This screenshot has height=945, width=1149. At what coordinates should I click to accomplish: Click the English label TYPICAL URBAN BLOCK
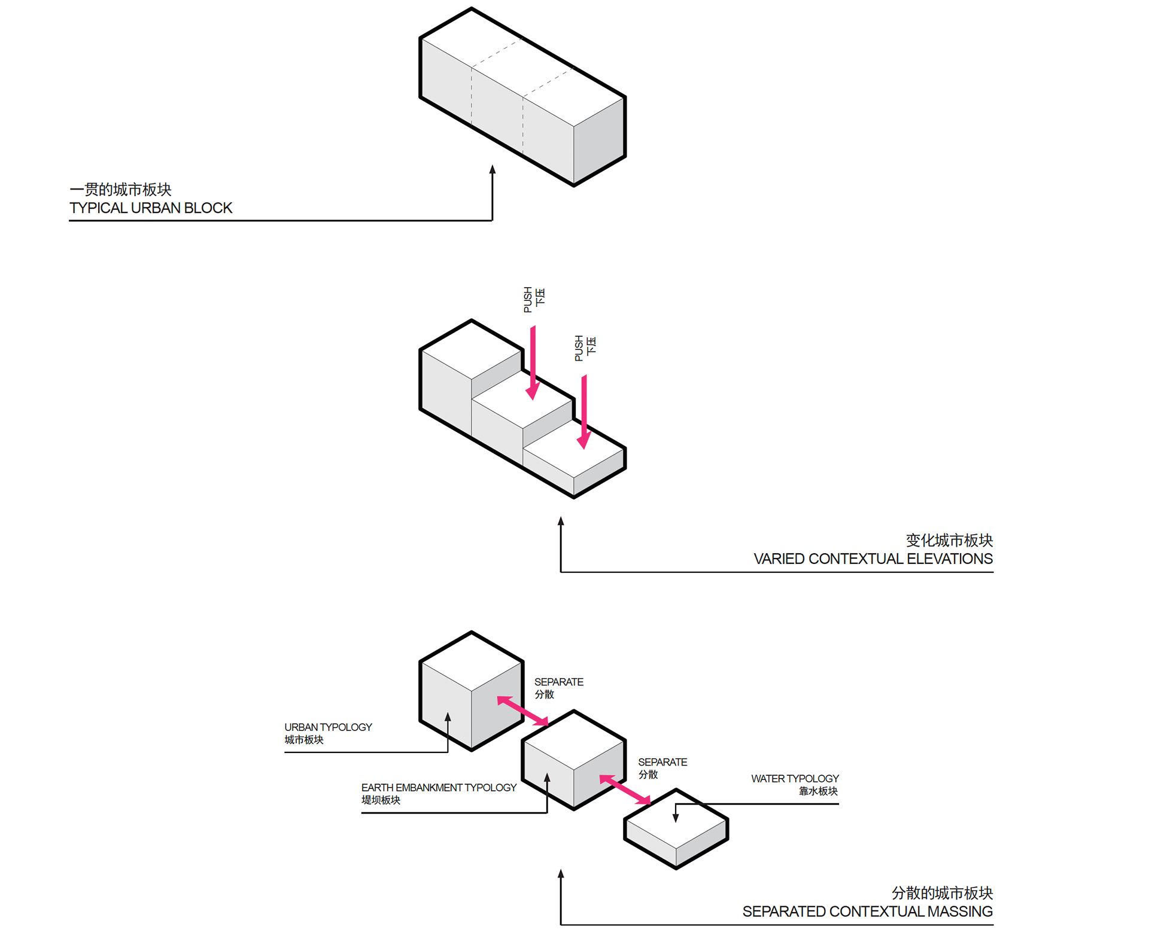tap(151, 208)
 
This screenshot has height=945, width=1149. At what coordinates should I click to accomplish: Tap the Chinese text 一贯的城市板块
tap(120, 190)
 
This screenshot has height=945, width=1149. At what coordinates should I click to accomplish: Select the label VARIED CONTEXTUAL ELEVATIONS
tap(873, 559)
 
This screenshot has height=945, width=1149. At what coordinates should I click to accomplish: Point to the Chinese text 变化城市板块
tap(949, 541)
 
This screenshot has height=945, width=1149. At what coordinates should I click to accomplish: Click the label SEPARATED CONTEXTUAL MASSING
tap(867, 912)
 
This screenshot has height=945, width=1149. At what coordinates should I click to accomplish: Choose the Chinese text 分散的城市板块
tap(942, 893)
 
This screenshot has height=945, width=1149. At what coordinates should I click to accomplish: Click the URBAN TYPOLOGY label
tap(328, 727)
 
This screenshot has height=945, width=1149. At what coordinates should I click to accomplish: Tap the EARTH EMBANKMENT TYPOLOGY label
tap(439, 788)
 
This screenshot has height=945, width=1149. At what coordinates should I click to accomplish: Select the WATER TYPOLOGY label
tap(795, 779)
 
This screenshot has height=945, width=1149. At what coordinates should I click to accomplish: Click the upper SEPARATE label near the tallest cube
tap(558, 682)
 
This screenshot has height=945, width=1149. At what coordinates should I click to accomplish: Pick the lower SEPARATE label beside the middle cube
tap(662, 763)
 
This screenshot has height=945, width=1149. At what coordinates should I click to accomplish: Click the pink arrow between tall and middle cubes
tap(522, 711)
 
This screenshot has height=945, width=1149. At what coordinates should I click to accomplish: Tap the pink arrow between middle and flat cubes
tap(625, 790)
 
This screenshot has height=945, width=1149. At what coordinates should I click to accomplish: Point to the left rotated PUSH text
tap(528, 300)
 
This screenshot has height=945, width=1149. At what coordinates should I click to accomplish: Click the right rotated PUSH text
tap(579, 348)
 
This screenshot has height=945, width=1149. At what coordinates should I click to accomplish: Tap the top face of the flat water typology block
tap(676, 819)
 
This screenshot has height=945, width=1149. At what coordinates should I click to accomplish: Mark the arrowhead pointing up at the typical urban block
tap(493, 170)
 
